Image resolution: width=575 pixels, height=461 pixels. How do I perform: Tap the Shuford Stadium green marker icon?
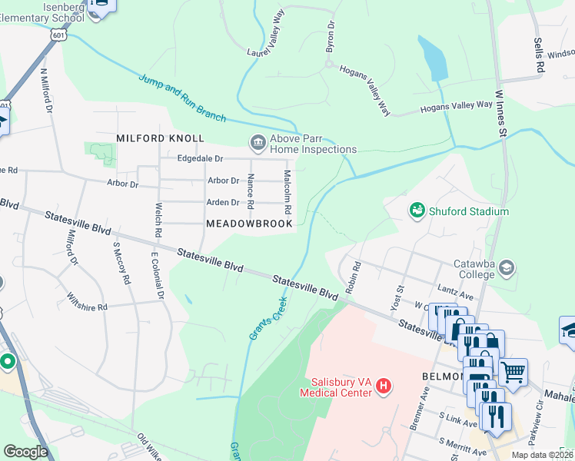coord(417,209)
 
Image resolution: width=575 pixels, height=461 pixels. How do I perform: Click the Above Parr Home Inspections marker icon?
coord(256,141)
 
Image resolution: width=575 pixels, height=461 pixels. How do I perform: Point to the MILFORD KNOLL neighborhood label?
coord(160,138)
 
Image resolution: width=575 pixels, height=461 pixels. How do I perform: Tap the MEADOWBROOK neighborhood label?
coord(249,224)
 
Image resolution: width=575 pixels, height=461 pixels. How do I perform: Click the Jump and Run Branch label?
coord(182,97)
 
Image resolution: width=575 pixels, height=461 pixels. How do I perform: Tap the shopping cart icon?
coord(513,372)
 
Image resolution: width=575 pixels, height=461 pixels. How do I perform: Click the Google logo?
coord(25,452)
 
